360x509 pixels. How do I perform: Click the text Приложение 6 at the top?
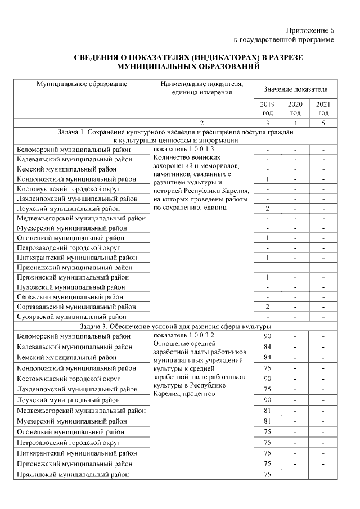point(310,30)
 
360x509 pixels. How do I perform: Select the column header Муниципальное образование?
point(82,84)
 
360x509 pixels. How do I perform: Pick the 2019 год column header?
point(268,109)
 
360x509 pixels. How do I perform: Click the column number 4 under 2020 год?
point(295,123)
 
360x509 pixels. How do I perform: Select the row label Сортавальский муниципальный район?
point(76,307)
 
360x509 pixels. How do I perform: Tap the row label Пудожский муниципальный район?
point(70,287)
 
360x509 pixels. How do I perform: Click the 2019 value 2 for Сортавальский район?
point(268,307)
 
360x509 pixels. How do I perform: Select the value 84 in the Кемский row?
point(268,358)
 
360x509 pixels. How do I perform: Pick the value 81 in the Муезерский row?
point(268,421)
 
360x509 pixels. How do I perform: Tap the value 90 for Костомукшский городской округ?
point(268,379)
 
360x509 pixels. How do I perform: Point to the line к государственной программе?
point(284,40)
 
